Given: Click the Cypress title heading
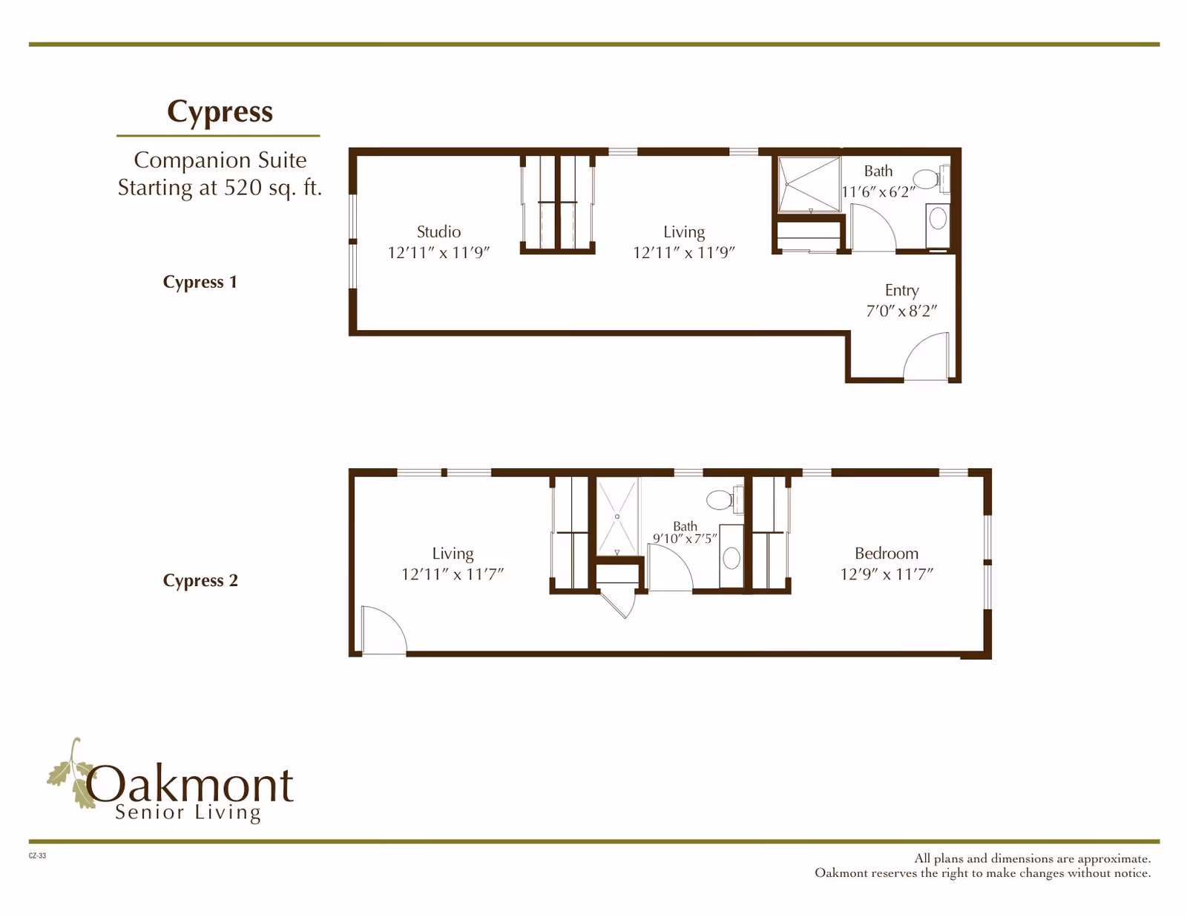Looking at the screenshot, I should point(220,112).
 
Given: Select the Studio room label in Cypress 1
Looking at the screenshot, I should point(438,231).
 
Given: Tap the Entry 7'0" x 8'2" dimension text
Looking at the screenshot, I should point(901,311).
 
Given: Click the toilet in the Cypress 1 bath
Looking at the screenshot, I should point(928,179).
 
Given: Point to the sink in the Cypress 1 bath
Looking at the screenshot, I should point(938,218).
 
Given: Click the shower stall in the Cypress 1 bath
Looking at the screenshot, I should point(808,184).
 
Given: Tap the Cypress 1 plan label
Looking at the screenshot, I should point(200,282).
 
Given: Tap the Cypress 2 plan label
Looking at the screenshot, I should point(200,580).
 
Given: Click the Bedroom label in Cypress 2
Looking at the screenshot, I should point(887,553).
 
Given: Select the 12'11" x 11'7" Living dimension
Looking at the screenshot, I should point(453,574).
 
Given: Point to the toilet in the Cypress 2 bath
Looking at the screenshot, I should point(722,499).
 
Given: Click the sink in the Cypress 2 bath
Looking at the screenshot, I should point(731,558).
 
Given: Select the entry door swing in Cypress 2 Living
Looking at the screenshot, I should point(382,631).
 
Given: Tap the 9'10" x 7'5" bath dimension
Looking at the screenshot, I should point(685,539).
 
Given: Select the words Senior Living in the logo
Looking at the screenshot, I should point(188,812).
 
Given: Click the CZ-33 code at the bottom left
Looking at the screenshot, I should point(37,855).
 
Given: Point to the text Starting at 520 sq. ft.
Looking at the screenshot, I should point(220,188).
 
